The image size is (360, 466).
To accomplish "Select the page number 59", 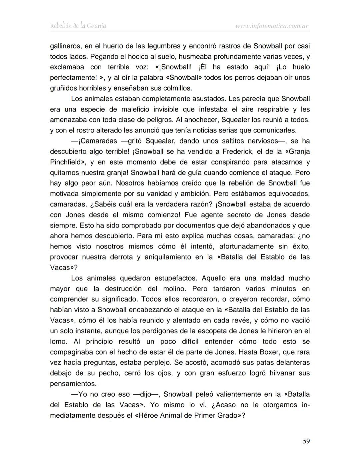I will click(x=306, y=441).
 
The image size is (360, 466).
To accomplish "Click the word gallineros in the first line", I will click(x=65, y=46).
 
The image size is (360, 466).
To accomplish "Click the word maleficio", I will click(x=131, y=109).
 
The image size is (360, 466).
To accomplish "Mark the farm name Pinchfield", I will click(x=65, y=162).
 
